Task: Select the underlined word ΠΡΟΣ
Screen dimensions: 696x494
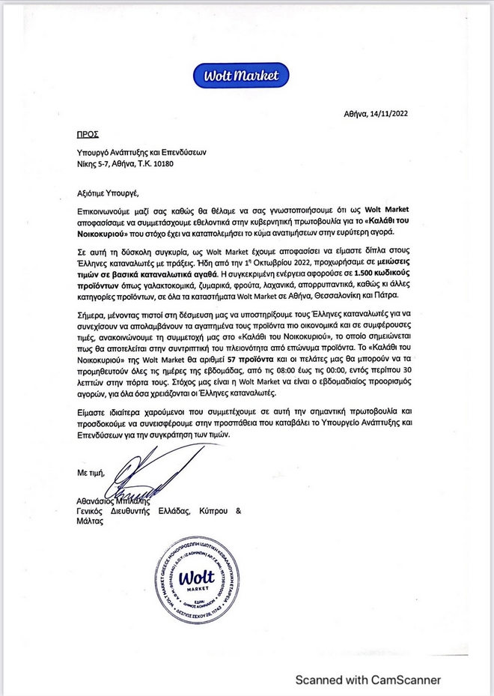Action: point(88,135)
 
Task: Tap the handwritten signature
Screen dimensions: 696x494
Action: point(142,472)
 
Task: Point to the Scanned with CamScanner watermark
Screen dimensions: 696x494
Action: point(368,680)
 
